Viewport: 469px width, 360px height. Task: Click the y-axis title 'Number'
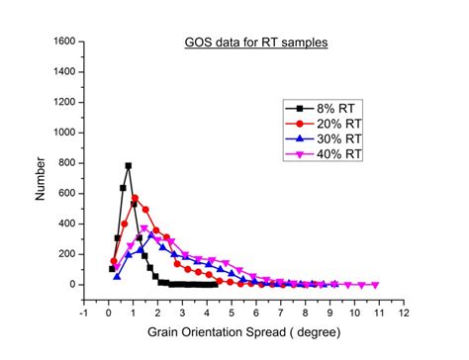(x=41, y=178)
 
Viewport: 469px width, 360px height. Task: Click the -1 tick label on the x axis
(x=84, y=313)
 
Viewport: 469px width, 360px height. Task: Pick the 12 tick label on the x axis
(x=404, y=313)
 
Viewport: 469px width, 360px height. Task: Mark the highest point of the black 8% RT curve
(x=129, y=165)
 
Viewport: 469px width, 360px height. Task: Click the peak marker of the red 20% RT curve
(x=135, y=198)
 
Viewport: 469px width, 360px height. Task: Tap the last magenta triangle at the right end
(x=375, y=285)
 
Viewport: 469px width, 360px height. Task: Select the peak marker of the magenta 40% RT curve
(x=144, y=228)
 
